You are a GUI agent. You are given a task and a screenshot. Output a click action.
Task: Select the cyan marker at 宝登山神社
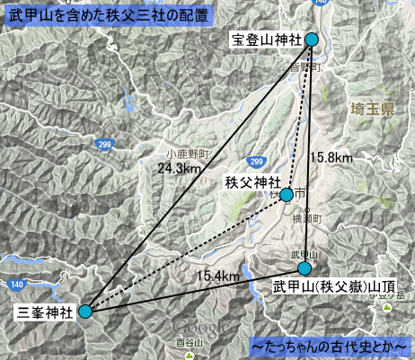(x=312, y=40)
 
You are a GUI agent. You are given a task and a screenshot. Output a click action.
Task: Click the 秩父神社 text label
(x=251, y=182)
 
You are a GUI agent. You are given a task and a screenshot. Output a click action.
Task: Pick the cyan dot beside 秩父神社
(x=287, y=194)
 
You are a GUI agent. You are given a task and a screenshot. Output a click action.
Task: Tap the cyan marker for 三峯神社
(x=85, y=312)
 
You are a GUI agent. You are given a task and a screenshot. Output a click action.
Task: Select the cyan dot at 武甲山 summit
(x=305, y=268)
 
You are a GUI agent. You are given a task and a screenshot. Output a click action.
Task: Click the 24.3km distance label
(x=180, y=168)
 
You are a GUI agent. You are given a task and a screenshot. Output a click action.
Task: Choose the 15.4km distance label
(x=219, y=274)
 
